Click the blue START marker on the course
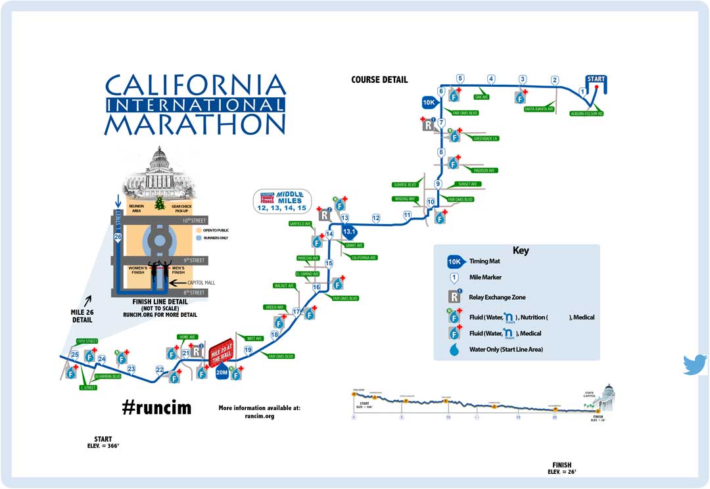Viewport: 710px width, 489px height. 596,80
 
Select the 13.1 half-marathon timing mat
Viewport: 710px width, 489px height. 348,231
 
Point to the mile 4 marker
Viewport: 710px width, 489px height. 491,80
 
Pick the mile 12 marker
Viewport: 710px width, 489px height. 376,218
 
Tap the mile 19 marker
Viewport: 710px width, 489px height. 248,350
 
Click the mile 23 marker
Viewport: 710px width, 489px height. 131,369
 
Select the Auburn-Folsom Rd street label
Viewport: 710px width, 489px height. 586,114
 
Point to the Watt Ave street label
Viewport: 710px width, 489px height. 254,338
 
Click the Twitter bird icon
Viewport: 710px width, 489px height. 694,365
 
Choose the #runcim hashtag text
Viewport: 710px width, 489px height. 156,407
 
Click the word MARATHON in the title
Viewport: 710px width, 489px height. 195,124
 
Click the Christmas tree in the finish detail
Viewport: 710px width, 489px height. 159,204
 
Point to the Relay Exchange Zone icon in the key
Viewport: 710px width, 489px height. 454,297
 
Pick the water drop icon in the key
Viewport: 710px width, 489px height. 454,350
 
